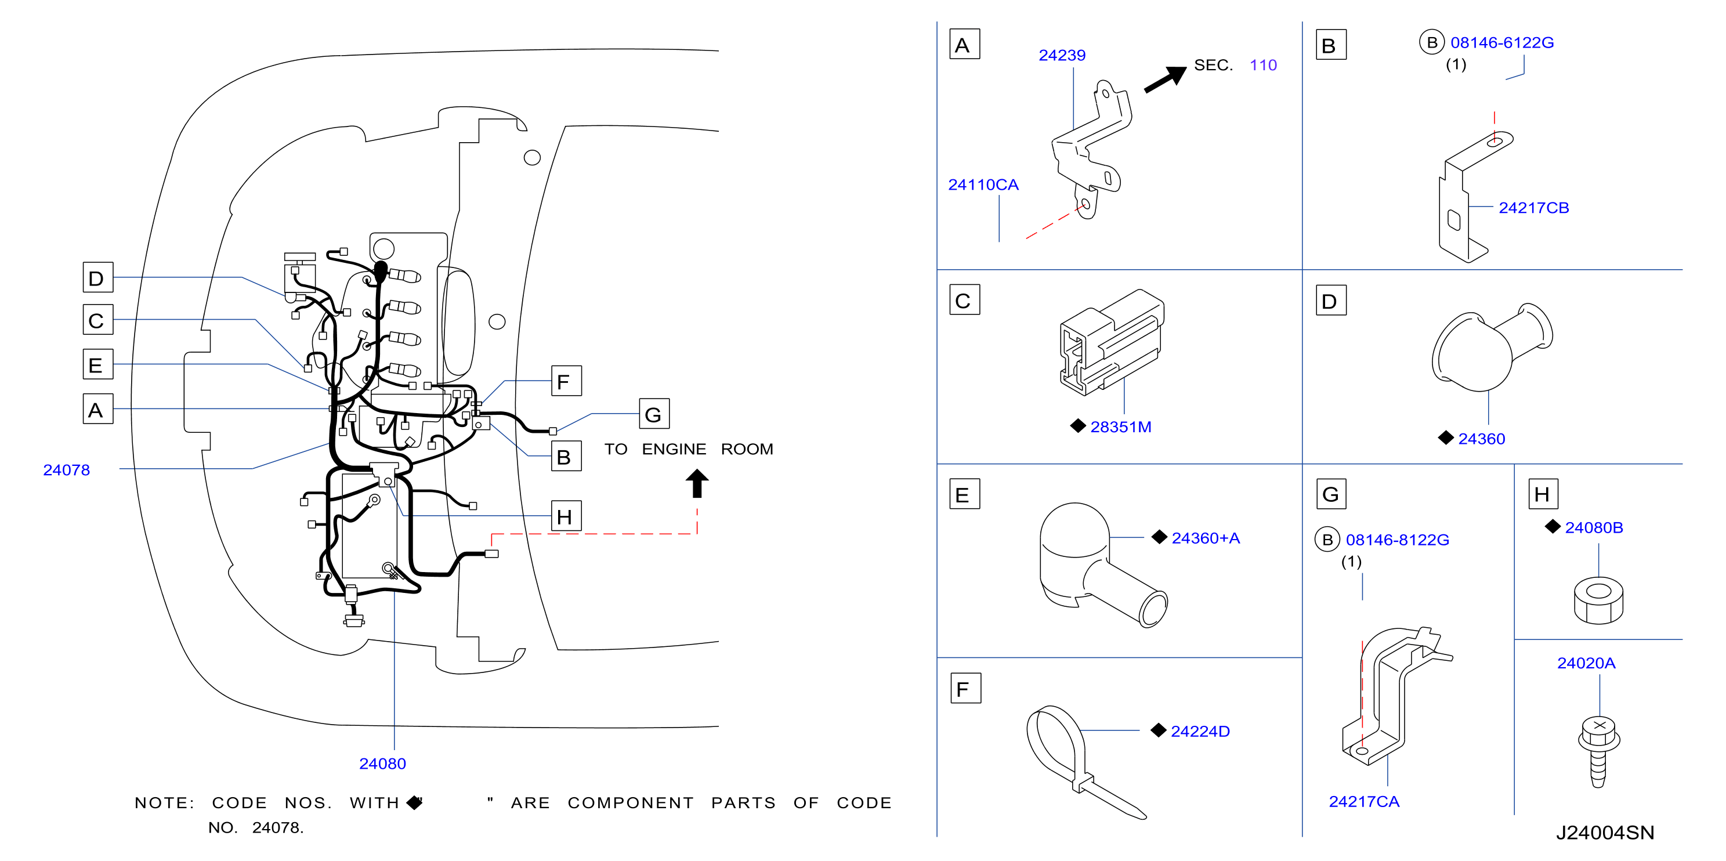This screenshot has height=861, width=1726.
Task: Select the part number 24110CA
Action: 983,185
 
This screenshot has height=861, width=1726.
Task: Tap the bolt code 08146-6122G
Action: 1501,43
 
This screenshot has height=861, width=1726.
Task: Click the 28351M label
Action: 1120,427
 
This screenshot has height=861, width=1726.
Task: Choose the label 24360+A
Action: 1206,538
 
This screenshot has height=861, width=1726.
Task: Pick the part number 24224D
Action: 1200,731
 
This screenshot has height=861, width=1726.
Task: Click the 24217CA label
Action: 1363,801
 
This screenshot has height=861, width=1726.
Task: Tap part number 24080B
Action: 1593,527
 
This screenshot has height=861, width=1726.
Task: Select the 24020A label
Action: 1586,663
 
